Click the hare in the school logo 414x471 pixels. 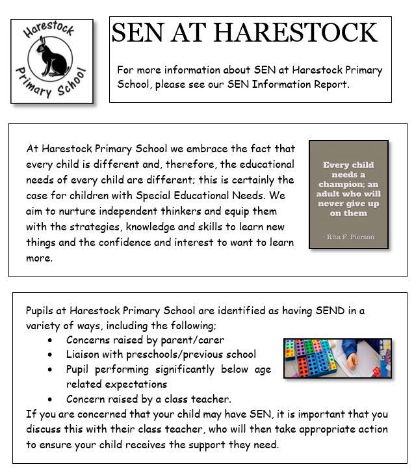point(51,57)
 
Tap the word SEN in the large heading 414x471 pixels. point(138,33)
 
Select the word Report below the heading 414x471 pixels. point(331,85)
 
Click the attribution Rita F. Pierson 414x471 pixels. point(348,237)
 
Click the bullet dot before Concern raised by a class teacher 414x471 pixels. point(51,399)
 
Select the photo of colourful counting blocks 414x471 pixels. point(337,359)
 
